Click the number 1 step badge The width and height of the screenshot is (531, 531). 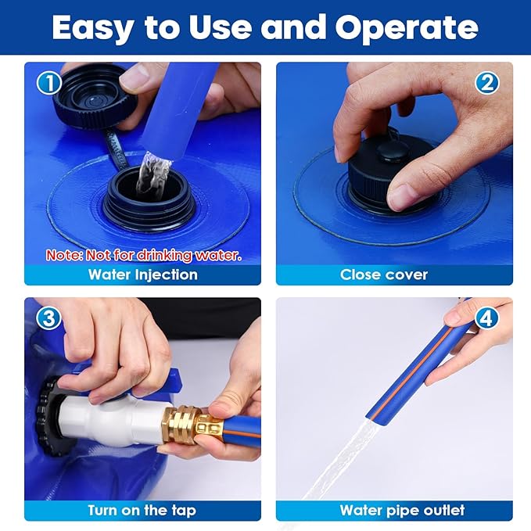(x=49, y=83)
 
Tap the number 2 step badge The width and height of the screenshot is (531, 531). (x=486, y=83)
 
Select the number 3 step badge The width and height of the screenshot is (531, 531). (x=49, y=318)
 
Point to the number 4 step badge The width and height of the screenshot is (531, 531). (x=486, y=318)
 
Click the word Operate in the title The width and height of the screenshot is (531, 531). (x=407, y=29)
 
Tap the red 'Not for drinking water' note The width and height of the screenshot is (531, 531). (x=144, y=256)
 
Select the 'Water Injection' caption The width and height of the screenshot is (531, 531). (x=143, y=274)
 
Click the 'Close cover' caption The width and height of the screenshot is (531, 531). (x=384, y=274)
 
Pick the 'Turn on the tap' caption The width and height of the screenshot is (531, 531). (x=142, y=510)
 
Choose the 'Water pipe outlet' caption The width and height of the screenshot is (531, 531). (x=402, y=510)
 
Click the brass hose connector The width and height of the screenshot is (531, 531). (x=192, y=425)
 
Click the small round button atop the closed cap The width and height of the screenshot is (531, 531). (x=392, y=152)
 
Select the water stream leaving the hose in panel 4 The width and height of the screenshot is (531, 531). (x=342, y=461)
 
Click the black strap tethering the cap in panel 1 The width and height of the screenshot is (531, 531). (x=117, y=149)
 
